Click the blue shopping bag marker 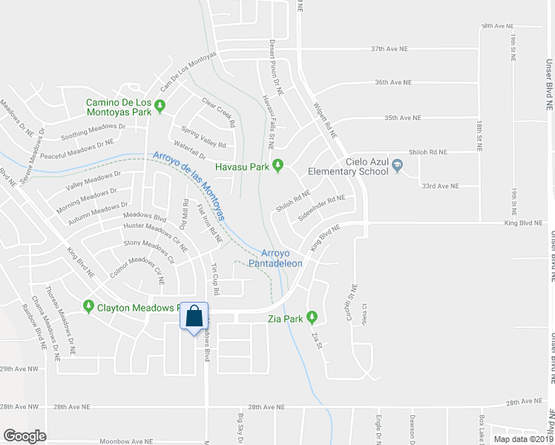194,317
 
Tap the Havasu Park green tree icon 278,165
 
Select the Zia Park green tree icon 312,318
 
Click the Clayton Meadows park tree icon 89,306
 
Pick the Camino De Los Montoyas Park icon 159,111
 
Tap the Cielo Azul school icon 398,166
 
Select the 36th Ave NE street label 393,82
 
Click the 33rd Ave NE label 439,185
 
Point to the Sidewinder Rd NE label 322,208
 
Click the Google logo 24,436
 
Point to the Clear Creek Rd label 218,111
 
